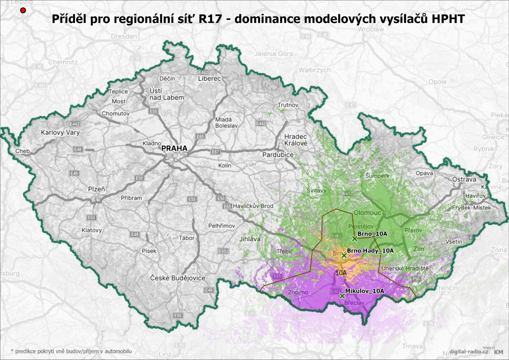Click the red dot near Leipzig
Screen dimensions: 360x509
pyautogui.click(x=23, y=10)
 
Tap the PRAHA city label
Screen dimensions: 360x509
pyautogui.click(x=174, y=148)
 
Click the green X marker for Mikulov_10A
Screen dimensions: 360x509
pyautogui.click(x=342, y=296)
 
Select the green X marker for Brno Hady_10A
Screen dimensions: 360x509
pyautogui.click(x=344, y=255)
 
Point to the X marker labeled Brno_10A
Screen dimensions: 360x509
pyautogui.click(x=354, y=239)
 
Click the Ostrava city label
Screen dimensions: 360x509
pyautogui.click(x=464, y=179)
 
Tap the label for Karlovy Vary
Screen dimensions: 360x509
pyautogui.click(x=60, y=133)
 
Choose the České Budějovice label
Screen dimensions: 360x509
pyautogui.click(x=178, y=278)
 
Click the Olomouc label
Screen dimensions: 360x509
pyautogui.click(x=367, y=213)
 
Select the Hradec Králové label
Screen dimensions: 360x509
pyautogui.click(x=296, y=140)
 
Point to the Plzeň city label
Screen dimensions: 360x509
pyautogui.click(x=96, y=189)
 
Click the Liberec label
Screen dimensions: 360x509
pyautogui.click(x=209, y=79)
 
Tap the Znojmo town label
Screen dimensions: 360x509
pyautogui.click(x=298, y=292)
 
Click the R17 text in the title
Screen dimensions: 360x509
pyautogui.click(x=210, y=19)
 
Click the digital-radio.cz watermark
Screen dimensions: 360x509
pyautogui.click(x=469, y=351)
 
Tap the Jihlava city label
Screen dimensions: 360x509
pyautogui.click(x=250, y=239)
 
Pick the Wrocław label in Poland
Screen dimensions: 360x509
pyautogui.click(x=371, y=29)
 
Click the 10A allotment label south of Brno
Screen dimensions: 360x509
pyautogui.click(x=341, y=273)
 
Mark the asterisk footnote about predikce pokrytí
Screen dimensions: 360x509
pyautogui.click(x=71, y=351)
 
